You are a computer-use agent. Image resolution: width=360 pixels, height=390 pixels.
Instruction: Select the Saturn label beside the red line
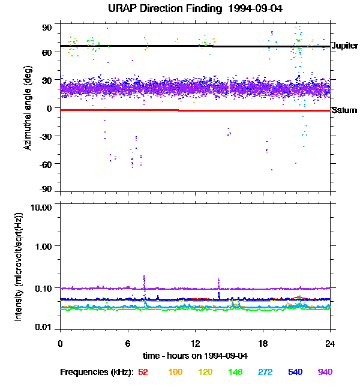coord(344,110)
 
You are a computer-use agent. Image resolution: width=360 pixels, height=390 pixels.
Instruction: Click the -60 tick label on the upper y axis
coord(46,163)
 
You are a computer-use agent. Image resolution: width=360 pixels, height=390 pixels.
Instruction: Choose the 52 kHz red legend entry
coord(143,372)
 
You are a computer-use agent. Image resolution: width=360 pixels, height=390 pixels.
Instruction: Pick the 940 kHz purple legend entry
coord(325,372)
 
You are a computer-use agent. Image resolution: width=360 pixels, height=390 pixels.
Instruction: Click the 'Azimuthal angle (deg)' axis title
coord(28,108)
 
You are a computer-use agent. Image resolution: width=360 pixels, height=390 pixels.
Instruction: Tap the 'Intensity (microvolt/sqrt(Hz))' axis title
coord(19,265)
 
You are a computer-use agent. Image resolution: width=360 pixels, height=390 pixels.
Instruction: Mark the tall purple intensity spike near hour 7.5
coord(145,280)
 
